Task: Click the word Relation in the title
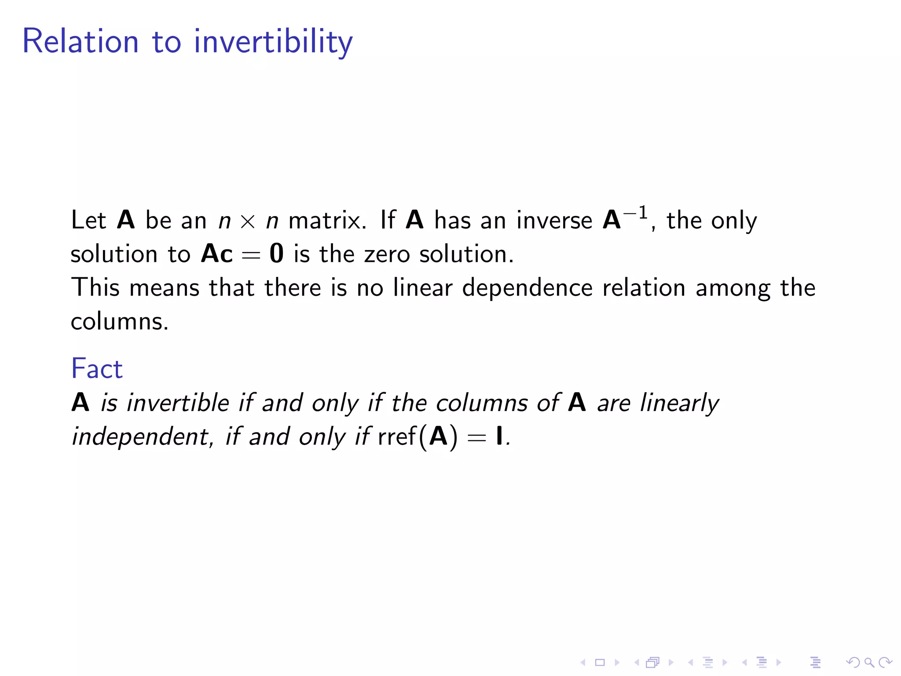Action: tap(81, 41)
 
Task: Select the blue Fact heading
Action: tap(97, 369)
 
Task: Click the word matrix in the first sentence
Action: tap(326, 220)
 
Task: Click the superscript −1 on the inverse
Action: tap(635, 213)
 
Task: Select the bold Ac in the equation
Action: tap(216, 254)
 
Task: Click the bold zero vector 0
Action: tap(277, 254)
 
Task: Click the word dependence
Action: tap(527, 288)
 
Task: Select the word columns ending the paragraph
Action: tap(119, 322)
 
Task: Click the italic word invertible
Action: tap(178, 403)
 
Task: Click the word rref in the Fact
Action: tap(397, 437)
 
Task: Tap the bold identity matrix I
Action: tap(499, 437)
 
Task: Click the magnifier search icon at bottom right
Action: tap(869, 662)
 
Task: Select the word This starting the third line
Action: tap(95, 288)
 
